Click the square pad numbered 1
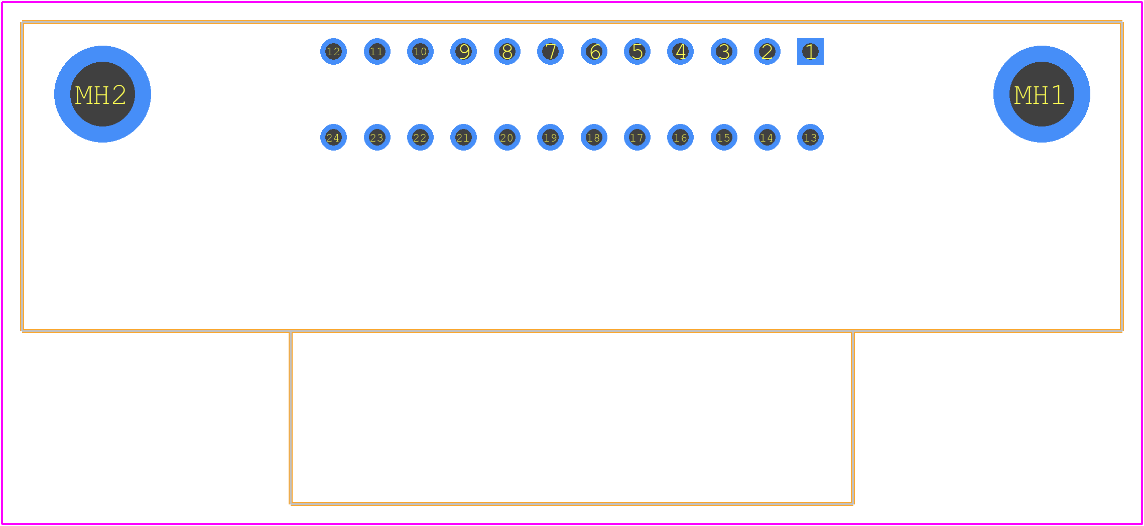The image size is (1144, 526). (x=810, y=51)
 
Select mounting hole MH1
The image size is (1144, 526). (x=1042, y=94)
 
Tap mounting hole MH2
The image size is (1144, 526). (x=102, y=94)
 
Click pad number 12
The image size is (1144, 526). (x=333, y=51)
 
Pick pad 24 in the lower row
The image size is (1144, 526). (x=333, y=137)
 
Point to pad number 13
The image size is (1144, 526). (x=810, y=137)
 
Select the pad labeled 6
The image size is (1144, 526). (x=594, y=51)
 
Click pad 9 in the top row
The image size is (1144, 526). (x=463, y=51)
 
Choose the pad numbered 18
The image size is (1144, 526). (x=594, y=137)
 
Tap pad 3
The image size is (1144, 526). (x=724, y=51)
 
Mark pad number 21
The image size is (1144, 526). (x=463, y=137)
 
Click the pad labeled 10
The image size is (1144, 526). (x=420, y=51)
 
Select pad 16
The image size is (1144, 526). (x=680, y=137)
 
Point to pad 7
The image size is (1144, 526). (x=550, y=51)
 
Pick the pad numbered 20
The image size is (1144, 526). (x=507, y=137)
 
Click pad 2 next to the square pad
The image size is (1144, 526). (x=767, y=51)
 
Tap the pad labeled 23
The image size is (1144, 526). (x=377, y=137)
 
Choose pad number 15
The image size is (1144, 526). (x=724, y=137)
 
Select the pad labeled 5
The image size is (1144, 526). (x=637, y=51)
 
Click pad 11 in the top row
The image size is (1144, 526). (x=377, y=51)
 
